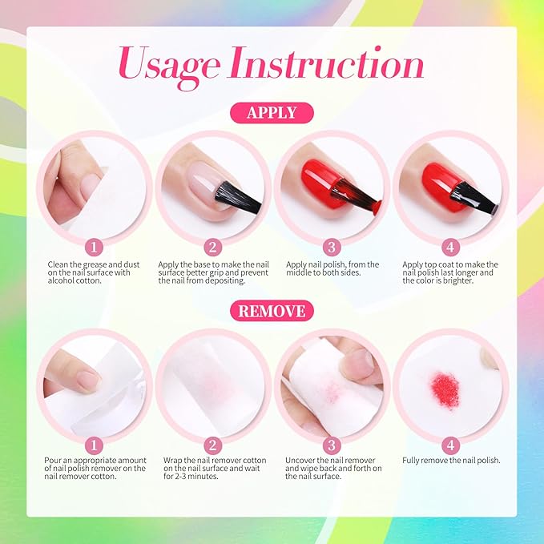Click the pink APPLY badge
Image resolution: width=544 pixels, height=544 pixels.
pos(272,113)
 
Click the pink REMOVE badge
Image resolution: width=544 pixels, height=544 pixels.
pos(272,311)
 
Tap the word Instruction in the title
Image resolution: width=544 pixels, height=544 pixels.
pos(326,62)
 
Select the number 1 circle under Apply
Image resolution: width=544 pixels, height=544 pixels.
pos(94,248)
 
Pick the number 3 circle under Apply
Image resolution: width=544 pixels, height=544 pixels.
pos(332,248)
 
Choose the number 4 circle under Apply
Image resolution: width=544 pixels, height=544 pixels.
pos(450,248)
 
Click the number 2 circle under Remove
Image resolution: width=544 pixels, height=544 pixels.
pos(212,445)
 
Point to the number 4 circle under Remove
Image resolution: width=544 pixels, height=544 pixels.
pos(450,445)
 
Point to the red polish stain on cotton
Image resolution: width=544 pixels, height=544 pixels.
pos(445,389)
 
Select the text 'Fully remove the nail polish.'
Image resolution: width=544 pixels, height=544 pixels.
pos(451,461)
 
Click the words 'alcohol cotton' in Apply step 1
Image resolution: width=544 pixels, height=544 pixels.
pos(75,280)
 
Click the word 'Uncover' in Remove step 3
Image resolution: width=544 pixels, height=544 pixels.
pos(300,461)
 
